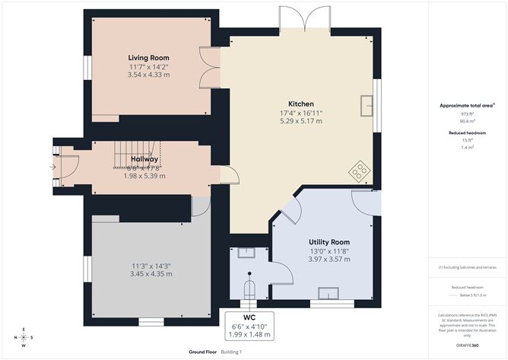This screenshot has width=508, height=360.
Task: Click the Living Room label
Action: pos(148,58)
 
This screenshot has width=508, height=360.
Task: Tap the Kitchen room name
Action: pos(301,104)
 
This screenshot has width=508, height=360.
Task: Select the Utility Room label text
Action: pos(329,241)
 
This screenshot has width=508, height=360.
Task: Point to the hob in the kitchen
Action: pos(357,173)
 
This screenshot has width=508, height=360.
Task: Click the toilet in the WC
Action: pos(249,289)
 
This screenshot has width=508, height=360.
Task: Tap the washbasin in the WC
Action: pos(247,252)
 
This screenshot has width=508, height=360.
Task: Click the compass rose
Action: pos(24,338)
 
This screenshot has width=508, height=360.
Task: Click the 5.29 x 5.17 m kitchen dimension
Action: pos(301,120)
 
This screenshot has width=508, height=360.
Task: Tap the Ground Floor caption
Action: pos(204,352)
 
